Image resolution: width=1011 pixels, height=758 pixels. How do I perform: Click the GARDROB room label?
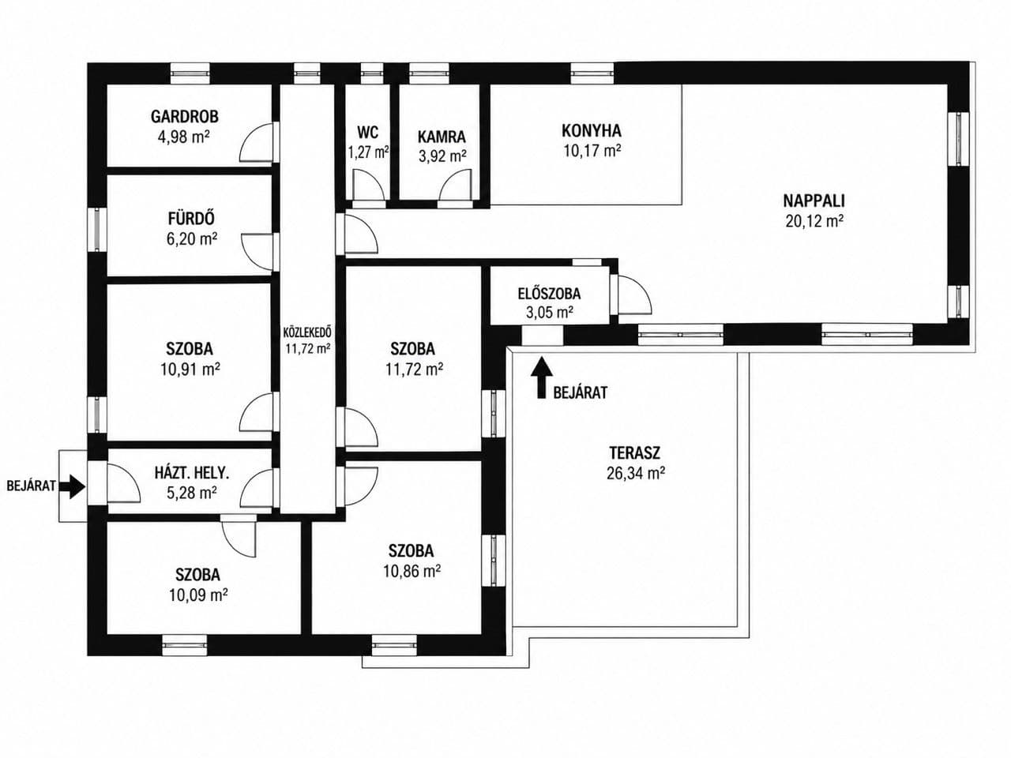click(185, 116)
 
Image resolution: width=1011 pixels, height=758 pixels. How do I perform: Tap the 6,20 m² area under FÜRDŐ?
click(192, 239)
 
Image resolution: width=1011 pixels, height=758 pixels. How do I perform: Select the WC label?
click(367, 133)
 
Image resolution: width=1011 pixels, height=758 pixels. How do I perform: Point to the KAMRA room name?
click(442, 137)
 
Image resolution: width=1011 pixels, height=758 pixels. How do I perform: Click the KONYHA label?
click(592, 131)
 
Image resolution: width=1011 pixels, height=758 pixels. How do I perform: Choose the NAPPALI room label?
click(814, 201)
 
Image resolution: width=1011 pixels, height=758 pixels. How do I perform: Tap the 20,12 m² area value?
click(814, 221)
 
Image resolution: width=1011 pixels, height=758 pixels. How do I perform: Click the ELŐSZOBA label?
click(549, 293)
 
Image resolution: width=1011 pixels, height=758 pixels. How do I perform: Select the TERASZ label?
click(635, 453)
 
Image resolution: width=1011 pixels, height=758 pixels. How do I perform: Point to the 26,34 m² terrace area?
click(636, 473)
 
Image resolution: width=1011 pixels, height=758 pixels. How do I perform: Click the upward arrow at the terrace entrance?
click(542, 377)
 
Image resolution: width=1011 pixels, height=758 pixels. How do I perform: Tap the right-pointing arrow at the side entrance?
click(72, 486)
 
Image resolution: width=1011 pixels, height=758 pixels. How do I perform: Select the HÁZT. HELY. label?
click(192, 473)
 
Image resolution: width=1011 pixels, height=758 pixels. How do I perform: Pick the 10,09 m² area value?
click(198, 595)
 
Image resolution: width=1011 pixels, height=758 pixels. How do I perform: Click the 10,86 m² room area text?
click(412, 572)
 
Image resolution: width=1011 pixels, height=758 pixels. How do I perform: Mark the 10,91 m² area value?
click(190, 369)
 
